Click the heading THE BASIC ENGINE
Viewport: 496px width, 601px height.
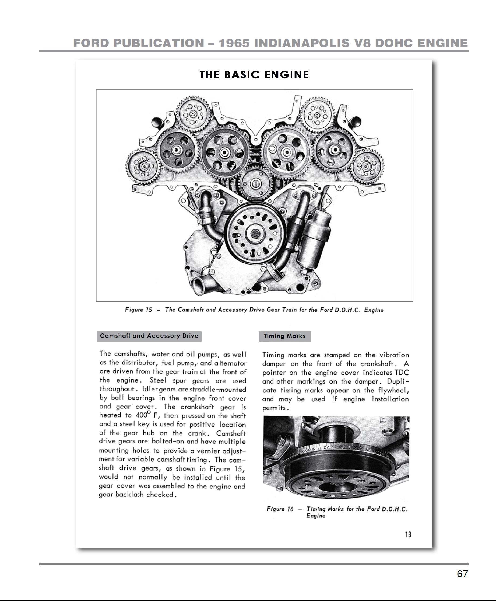pyautogui.click(x=254, y=75)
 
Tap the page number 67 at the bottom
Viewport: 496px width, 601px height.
pyautogui.click(x=462, y=574)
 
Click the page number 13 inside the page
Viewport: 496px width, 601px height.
pyautogui.click(x=408, y=535)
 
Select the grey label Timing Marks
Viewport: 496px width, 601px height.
pyautogui.click(x=284, y=336)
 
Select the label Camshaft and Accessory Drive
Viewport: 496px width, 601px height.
pyautogui.click(x=149, y=336)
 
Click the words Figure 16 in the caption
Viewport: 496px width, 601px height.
pyautogui.click(x=280, y=509)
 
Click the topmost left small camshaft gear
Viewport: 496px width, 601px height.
pyautogui.click(x=193, y=114)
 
